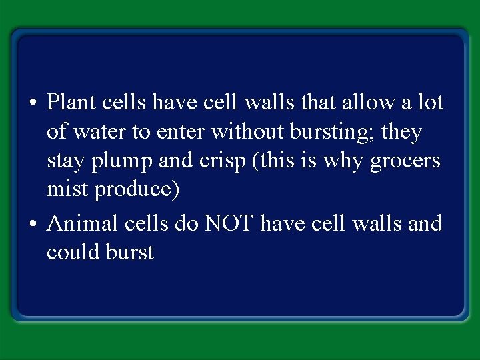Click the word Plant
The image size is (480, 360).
[71, 103]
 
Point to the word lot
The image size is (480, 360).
[431, 103]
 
